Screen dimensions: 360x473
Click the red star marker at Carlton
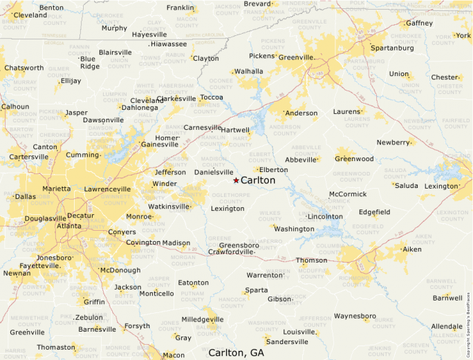(x=236, y=180)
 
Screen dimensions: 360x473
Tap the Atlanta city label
(x=69, y=226)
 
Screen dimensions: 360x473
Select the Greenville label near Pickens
(x=296, y=57)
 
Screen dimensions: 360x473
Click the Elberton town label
(x=274, y=169)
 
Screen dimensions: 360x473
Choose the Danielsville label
(x=214, y=171)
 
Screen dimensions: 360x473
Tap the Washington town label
(x=294, y=229)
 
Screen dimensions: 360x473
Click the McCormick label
(x=348, y=194)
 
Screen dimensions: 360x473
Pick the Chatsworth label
(x=24, y=68)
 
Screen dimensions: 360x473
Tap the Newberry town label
(x=393, y=142)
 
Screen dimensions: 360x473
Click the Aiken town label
(x=411, y=249)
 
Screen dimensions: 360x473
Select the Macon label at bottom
(x=174, y=355)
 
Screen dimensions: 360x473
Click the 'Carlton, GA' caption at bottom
(x=236, y=352)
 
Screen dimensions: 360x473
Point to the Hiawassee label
(x=168, y=44)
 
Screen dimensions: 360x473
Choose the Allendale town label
(x=447, y=326)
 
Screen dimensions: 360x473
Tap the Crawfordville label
(x=231, y=252)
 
